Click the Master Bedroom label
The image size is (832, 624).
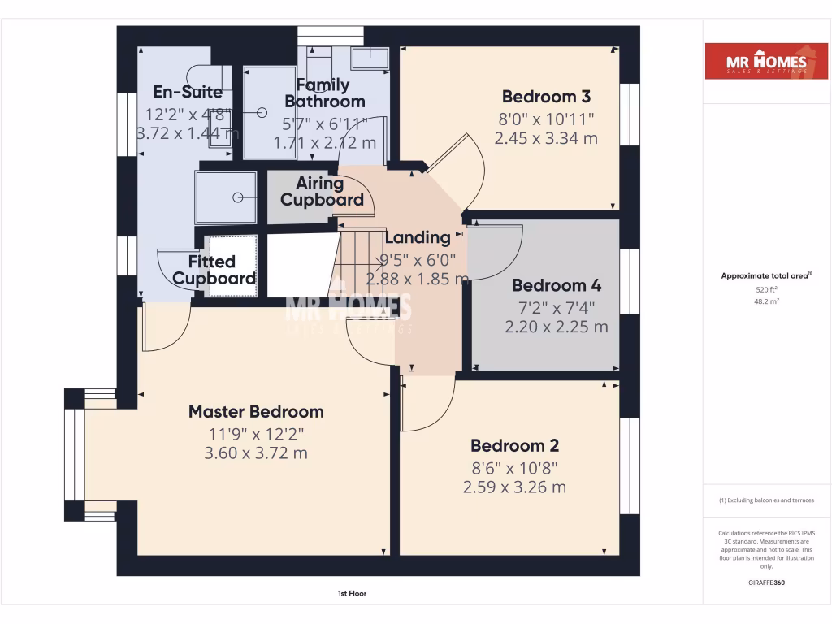256,412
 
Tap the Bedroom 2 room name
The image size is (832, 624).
514,446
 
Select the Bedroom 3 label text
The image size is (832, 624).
546,97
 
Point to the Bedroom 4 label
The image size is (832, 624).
556,286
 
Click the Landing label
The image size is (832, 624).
418,238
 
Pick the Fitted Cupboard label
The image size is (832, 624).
214,271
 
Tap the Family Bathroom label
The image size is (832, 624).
324,93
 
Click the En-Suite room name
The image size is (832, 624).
188,92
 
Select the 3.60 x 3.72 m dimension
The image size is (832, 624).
256,453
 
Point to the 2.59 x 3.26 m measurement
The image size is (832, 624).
514,487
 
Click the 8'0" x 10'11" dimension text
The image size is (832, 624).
546,119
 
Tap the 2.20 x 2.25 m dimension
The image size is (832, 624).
556,327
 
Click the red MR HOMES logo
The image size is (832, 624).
760,63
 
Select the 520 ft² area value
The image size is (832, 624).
767,289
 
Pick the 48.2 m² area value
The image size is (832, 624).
767,301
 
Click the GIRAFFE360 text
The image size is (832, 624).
767,583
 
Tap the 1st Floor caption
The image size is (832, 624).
352,594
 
